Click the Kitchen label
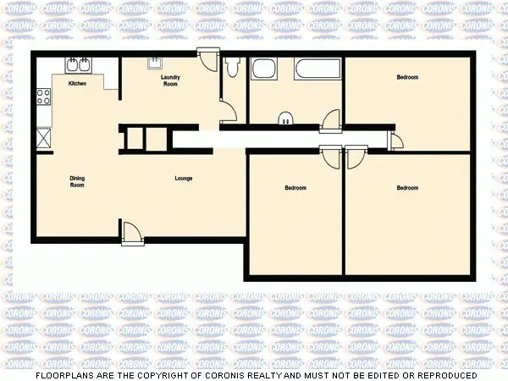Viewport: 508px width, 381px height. click(77, 84)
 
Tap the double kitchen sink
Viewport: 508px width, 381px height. click(79, 64)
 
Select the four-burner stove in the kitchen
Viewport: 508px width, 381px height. click(43, 97)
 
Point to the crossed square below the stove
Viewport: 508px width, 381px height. click(44, 138)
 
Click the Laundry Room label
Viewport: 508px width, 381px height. click(170, 80)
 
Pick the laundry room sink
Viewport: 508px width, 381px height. click(156, 63)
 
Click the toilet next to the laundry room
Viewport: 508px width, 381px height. click(234, 67)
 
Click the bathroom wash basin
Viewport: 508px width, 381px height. click(286, 119)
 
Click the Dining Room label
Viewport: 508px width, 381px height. click(77, 181)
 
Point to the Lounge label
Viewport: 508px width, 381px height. click(183, 178)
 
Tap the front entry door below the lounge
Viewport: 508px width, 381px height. click(132, 232)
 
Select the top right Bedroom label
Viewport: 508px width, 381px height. click(407, 77)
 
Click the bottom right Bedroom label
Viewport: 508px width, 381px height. click(407, 187)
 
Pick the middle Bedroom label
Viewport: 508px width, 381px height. click(295, 187)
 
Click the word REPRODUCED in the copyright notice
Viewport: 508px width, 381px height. click(444, 374)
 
